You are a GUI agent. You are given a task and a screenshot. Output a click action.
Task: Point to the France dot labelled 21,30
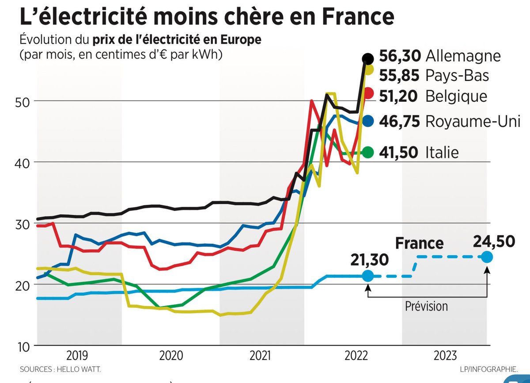tap(367, 276)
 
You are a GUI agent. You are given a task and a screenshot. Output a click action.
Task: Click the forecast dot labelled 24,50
tap(486, 257)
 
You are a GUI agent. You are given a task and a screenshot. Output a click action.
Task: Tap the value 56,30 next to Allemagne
tap(399, 57)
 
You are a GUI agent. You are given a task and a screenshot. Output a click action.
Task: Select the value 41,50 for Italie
tap(399, 153)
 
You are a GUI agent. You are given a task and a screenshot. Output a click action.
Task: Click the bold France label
tap(419, 243)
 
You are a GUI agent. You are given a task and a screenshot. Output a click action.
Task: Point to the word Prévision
tap(426, 306)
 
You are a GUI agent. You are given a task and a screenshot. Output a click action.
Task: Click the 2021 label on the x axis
tap(261, 356)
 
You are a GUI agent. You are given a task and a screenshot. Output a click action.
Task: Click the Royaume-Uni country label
tap(473, 121)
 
